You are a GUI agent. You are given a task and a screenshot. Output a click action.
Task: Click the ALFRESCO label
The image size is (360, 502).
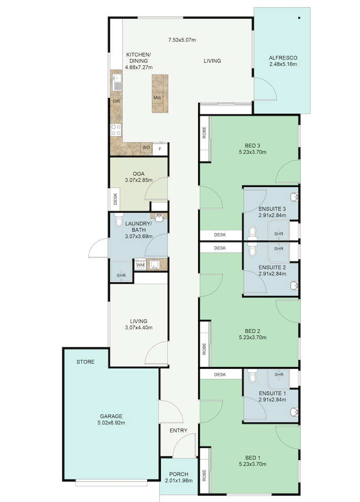coord(282,58)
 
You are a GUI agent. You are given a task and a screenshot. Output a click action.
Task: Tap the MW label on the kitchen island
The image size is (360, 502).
coord(157,98)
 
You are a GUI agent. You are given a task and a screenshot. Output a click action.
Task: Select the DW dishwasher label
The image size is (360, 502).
coord(116,101)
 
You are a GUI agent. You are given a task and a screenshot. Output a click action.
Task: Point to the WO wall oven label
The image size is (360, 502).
coord(146,148)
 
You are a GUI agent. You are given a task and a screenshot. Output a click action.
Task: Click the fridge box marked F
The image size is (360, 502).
coord(160,148)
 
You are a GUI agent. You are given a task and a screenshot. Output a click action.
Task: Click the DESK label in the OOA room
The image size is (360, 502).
coord(115,199)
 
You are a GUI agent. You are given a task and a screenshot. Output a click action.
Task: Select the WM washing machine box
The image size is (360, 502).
coord(140,265)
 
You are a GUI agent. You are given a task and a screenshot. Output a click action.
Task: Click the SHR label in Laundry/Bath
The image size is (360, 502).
coord(121,275)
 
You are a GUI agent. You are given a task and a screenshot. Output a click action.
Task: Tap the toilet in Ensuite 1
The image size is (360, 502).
coord(253,376)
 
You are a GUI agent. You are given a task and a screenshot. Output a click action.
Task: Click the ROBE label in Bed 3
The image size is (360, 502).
coord(204,133)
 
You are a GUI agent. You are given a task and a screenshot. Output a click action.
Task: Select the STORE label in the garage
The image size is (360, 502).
coord(85,362)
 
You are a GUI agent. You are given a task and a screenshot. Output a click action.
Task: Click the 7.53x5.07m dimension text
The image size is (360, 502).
coord(182,40)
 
